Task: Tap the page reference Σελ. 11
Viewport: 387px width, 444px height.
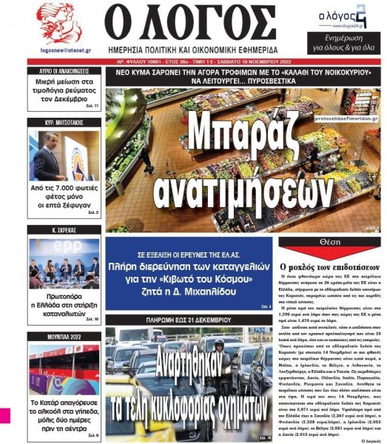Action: tap(92, 106)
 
